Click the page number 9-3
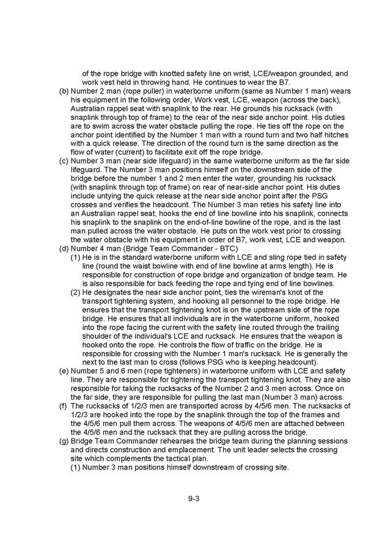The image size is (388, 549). (194, 498)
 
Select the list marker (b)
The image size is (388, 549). (64, 91)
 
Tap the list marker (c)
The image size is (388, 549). (64, 161)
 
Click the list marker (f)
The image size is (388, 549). (64, 406)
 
